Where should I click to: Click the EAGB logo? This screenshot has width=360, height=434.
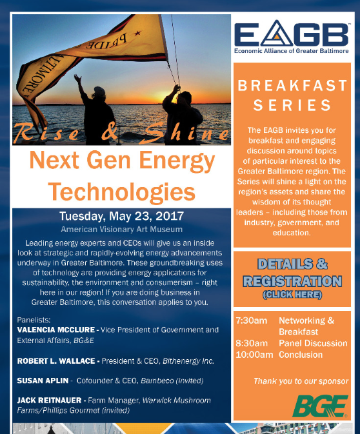(292, 36)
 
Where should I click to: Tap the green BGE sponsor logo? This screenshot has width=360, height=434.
(320, 406)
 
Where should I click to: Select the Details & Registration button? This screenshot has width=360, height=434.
(292, 279)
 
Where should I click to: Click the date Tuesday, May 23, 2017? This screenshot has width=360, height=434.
(121, 216)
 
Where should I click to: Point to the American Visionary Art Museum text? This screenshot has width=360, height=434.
(121, 230)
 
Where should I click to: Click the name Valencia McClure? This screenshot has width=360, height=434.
(56, 330)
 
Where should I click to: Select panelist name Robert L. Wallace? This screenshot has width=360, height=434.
(56, 361)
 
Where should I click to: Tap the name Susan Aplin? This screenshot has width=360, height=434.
(43, 380)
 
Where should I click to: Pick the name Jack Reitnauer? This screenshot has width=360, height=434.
(49, 400)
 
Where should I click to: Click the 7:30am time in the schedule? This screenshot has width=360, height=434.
(252, 321)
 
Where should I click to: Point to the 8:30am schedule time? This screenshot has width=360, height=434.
(252, 343)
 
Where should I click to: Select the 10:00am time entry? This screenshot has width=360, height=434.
(254, 355)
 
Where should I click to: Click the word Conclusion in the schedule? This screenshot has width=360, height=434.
(301, 355)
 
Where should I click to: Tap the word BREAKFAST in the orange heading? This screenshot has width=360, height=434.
(292, 85)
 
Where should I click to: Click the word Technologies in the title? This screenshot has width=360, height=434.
(122, 192)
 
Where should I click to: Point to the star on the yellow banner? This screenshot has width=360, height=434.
(137, 34)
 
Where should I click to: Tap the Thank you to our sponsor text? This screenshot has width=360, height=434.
(301, 381)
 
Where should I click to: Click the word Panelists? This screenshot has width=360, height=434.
(34, 320)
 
